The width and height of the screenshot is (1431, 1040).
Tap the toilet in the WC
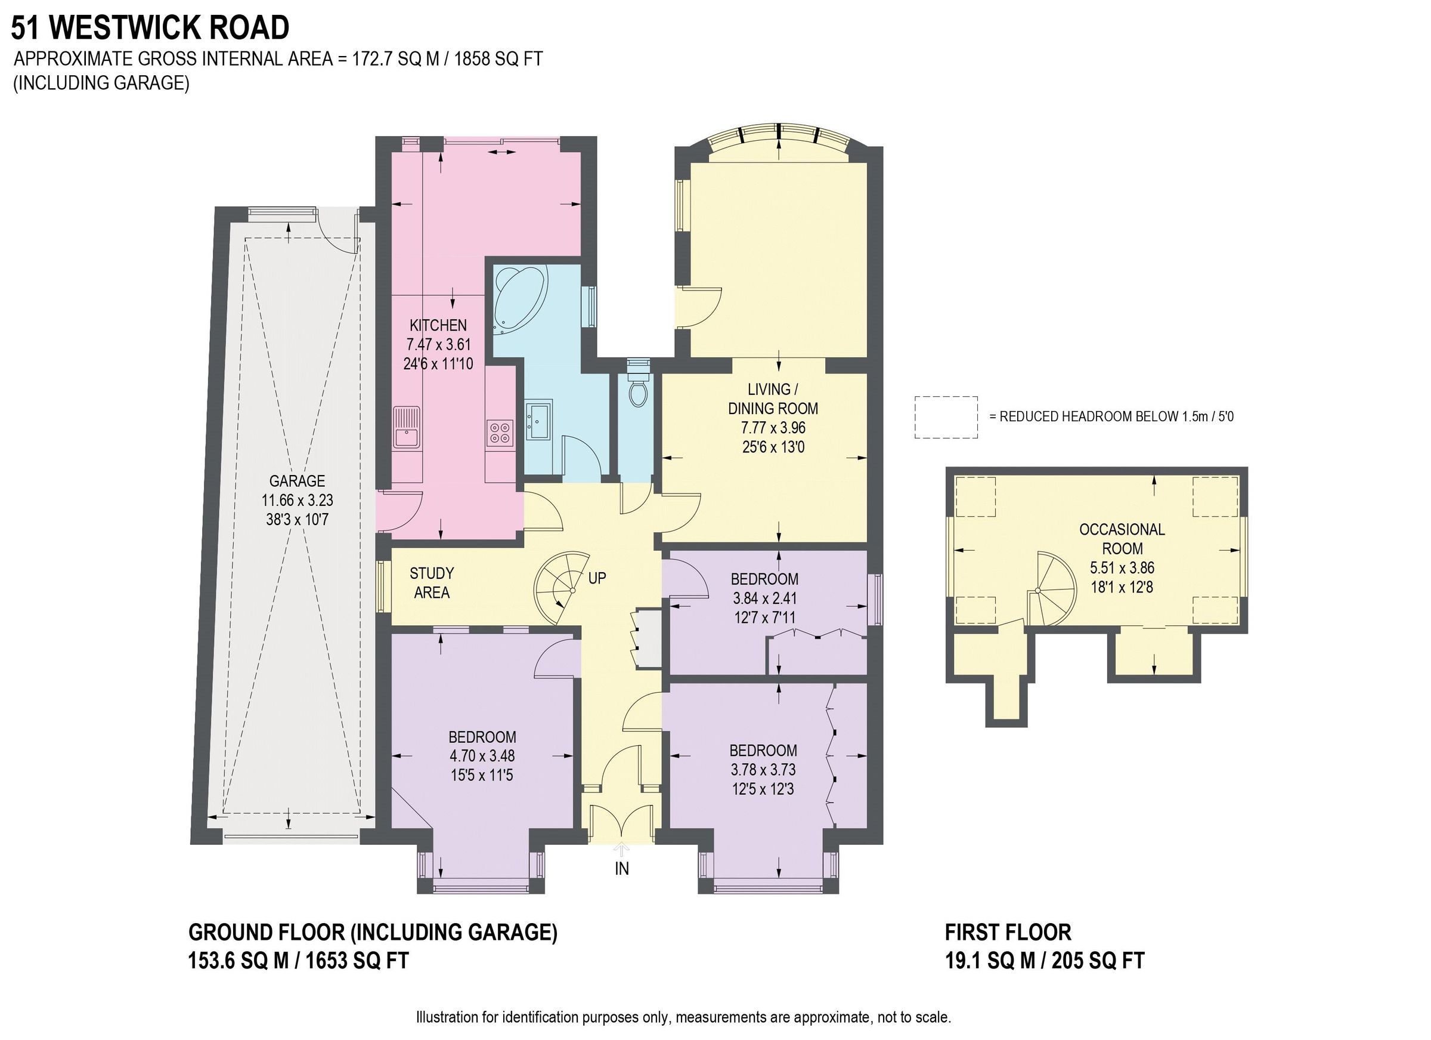[638, 391]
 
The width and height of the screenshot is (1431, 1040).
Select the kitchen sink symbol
[407, 427]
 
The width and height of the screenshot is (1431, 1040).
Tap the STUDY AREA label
[432, 582]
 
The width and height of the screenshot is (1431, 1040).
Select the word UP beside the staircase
[597, 577]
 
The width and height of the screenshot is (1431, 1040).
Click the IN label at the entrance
[621, 869]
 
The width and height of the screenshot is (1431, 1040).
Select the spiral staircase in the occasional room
[1049, 589]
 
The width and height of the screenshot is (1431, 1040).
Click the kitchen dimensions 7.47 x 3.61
[438, 345]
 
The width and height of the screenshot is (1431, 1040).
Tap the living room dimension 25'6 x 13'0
[773, 447]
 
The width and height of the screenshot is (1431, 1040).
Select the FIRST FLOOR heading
[1008, 932]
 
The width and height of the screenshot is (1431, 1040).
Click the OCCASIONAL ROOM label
[1121, 539]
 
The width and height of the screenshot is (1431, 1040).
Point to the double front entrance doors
[621, 823]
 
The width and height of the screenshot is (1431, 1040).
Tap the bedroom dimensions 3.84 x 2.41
[764, 598]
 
